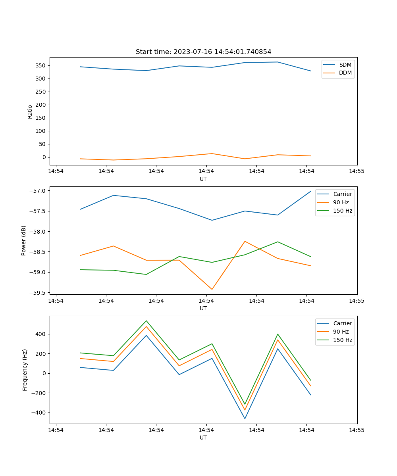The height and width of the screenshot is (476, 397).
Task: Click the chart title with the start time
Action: pos(203,52)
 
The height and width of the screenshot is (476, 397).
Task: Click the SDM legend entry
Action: pos(345,64)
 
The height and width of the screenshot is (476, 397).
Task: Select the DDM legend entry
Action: pos(345,73)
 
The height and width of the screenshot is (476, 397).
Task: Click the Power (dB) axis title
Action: pos(24,240)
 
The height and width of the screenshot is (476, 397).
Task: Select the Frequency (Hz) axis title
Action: pos(25,370)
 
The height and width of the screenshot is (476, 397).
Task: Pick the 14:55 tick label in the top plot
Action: pos(356,171)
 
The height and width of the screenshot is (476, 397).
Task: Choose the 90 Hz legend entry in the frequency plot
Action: pos(341,332)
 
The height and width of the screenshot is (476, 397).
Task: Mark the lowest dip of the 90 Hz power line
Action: pos(212,289)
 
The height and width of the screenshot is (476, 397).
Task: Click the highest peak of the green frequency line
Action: pos(146,321)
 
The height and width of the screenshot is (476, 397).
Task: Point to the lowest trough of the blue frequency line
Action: pos(245,418)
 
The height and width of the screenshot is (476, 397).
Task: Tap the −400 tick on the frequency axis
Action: pos(39,413)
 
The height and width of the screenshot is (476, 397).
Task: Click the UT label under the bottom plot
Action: pos(203,438)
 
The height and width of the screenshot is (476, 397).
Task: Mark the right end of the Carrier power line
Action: pos(310,191)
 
